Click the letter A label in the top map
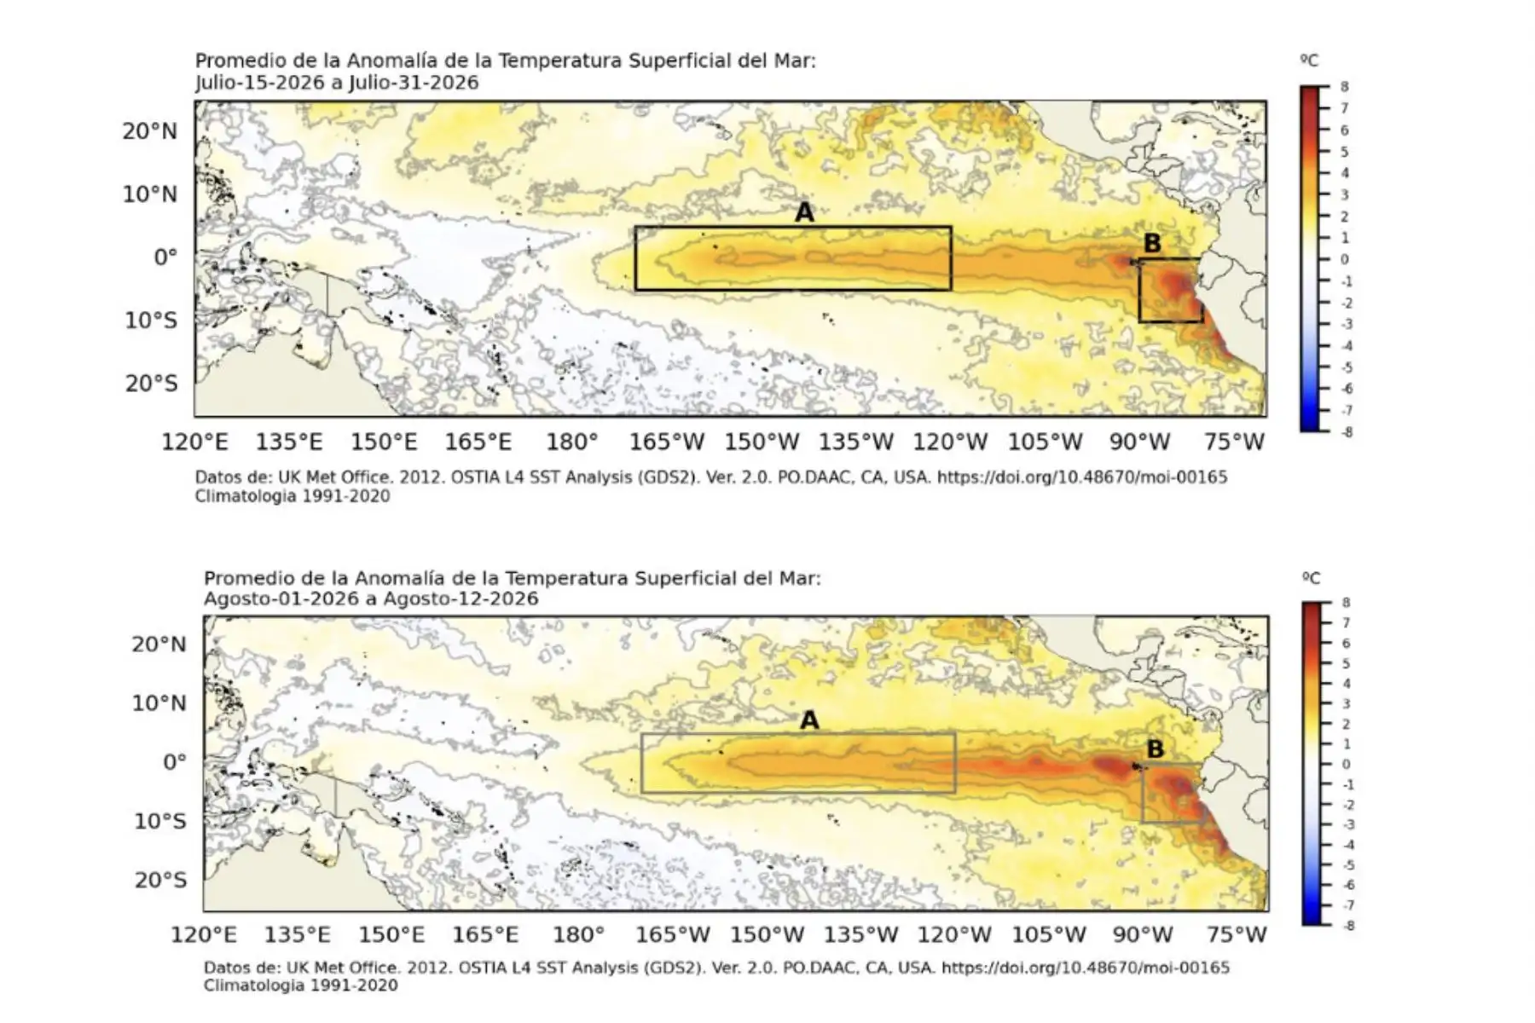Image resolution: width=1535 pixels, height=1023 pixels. click(x=804, y=212)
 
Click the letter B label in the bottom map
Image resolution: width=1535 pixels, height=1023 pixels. click(x=1155, y=748)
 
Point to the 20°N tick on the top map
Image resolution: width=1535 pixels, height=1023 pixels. click(x=150, y=131)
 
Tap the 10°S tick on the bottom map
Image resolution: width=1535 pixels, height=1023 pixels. click(x=160, y=821)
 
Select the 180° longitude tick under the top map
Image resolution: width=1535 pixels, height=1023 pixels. click(x=572, y=442)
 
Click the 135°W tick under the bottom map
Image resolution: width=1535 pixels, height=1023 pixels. click(x=860, y=934)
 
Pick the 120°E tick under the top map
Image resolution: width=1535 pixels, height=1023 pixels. click(x=195, y=442)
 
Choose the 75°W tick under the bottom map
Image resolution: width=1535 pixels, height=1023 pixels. click(x=1237, y=934)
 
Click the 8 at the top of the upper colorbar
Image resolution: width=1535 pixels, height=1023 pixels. click(x=1345, y=87)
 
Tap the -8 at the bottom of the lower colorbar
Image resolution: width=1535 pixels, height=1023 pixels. click(x=1347, y=925)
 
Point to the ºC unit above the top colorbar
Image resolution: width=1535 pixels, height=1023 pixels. click(x=1309, y=61)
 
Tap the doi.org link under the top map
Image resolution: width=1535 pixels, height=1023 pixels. click(x=1082, y=477)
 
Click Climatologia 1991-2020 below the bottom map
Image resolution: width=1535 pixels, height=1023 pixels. click(x=300, y=985)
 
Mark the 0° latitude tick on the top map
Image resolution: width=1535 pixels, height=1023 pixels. click(x=165, y=257)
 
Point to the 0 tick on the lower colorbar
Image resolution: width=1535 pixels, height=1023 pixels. click(x=1346, y=765)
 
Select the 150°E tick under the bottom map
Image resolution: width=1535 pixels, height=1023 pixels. click(x=391, y=934)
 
